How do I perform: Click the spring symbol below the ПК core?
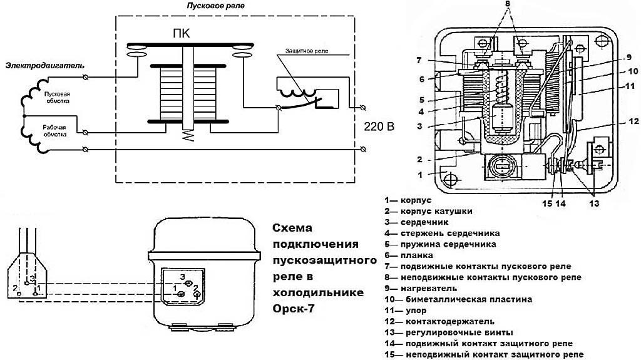coord(186,136)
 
